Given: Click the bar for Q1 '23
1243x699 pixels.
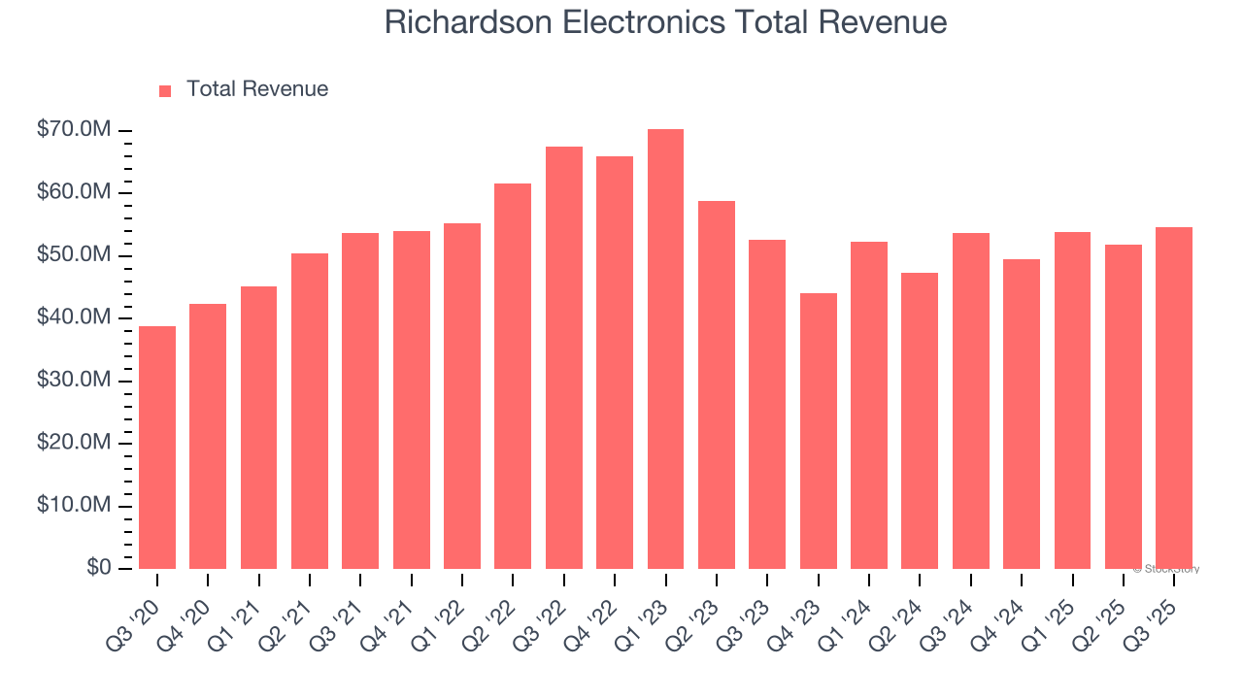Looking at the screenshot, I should [x=665, y=349].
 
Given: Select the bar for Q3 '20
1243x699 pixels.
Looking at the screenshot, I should [x=157, y=448].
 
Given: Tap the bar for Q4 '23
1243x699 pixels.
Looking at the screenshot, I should [x=818, y=431].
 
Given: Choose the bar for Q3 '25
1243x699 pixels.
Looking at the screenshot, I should [x=1174, y=398].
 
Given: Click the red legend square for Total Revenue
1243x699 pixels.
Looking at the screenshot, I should [x=165, y=90].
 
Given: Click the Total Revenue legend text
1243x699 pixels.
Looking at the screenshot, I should [x=257, y=89].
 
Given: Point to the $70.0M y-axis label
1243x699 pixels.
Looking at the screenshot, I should [x=74, y=130].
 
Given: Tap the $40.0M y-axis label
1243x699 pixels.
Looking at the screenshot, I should [x=74, y=317].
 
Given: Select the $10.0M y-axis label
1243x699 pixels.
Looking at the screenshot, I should [x=74, y=505].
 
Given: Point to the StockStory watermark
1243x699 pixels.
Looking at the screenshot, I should [x=1166, y=569].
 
